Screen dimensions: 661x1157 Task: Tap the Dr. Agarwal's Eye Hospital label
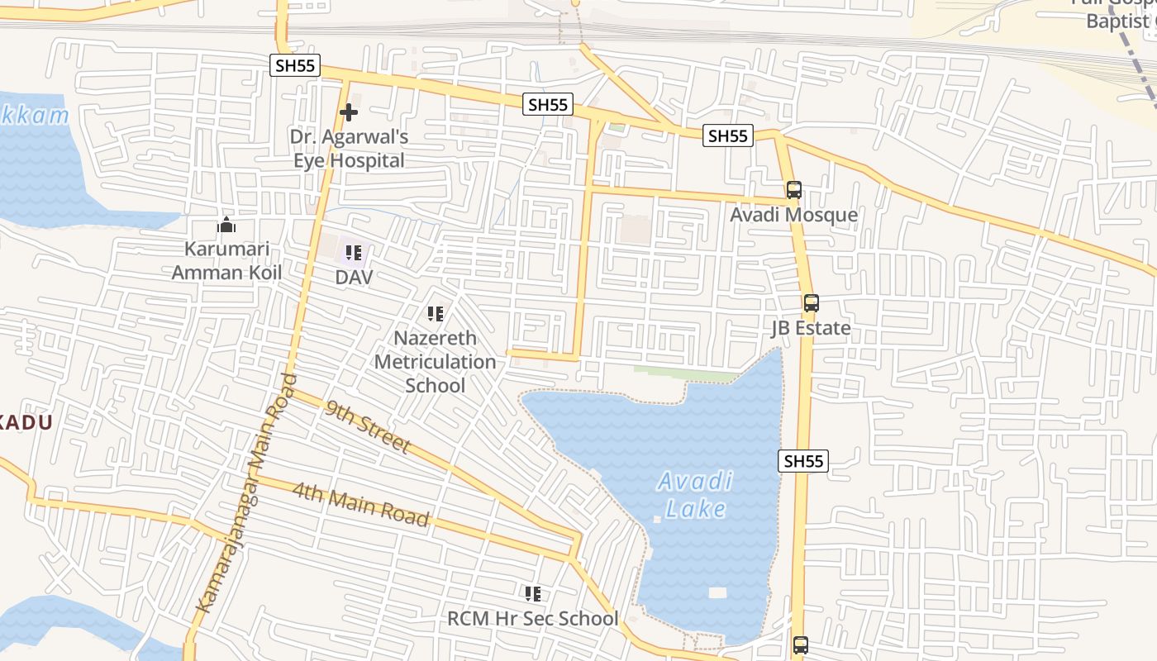(x=349, y=149)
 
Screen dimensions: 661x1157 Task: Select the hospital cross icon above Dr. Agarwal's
(x=349, y=112)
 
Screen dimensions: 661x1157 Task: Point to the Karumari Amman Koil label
(x=226, y=260)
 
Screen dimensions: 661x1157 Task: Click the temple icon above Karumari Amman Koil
(x=226, y=225)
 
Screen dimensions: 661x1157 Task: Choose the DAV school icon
(x=354, y=253)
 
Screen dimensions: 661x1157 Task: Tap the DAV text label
(x=354, y=278)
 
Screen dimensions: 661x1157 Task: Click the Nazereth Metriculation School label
(x=436, y=362)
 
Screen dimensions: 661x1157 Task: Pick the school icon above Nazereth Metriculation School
(x=436, y=314)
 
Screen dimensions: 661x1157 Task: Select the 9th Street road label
(x=368, y=426)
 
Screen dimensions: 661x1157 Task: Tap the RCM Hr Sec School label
(x=532, y=619)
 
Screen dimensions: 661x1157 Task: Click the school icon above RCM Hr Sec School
(x=533, y=593)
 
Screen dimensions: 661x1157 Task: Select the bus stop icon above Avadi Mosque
(x=793, y=190)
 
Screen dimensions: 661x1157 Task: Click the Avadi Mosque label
(x=793, y=216)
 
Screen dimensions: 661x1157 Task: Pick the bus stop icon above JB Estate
(x=811, y=303)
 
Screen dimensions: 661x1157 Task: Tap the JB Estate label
(x=811, y=328)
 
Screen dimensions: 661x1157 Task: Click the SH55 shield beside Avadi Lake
(x=802, y=461)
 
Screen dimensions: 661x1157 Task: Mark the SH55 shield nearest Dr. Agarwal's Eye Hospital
(x=295, y=66)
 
